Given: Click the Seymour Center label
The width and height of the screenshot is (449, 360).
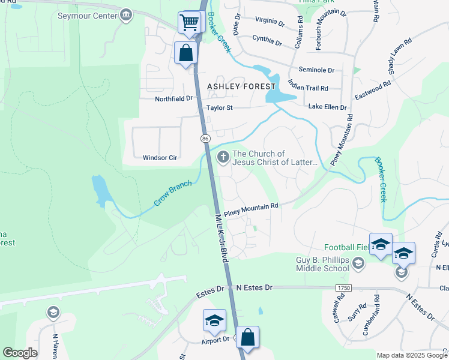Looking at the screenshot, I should click(86, 16).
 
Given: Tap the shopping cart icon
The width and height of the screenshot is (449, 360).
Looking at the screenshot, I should click(189, 23).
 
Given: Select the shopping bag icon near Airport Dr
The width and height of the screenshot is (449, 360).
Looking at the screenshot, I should click(247, 338).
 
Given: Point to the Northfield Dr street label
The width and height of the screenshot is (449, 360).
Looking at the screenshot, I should click(173, 98).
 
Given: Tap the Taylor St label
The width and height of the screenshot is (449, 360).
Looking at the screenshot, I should click(219, 108).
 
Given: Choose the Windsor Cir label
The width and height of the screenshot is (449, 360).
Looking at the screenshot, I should click(160, 158).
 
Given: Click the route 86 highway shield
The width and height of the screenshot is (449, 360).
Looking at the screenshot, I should click(205, 139).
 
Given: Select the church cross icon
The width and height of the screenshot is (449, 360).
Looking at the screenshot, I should click(223, 158).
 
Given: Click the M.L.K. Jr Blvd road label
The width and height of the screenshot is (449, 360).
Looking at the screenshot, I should click(221, 237).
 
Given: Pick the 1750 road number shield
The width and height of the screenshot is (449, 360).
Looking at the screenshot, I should click(344, 289).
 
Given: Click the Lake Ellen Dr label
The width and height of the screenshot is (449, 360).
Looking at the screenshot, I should click(327, 107).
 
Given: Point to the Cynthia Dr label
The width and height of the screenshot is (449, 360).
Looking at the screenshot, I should click(267, 42).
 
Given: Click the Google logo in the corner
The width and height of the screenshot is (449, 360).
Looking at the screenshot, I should click(20, 353).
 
